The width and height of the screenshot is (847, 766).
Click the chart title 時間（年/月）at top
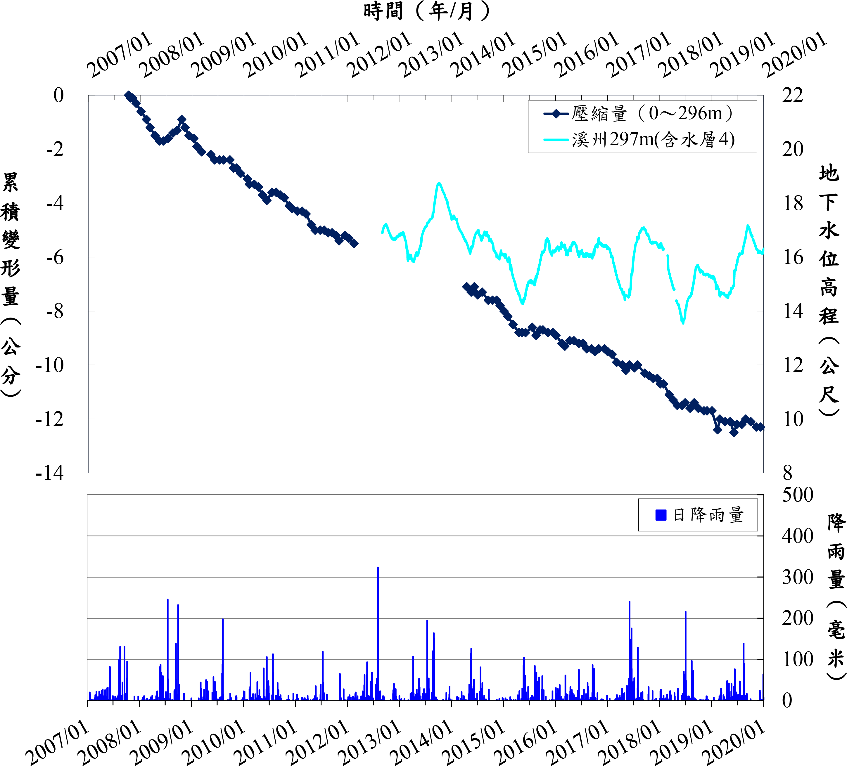click(x=426, y=11)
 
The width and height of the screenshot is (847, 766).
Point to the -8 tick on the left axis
click(x=55, y=311)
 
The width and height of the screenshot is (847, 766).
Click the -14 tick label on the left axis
click(x=50, y=473)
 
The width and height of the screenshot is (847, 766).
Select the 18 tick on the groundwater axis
click(x=793, y=203)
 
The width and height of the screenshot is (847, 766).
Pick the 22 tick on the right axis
click(x=793, y=95)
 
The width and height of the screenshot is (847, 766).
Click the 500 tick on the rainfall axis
click(x=797, y=495)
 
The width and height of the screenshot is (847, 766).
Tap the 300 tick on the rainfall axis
click(x=797, y=577)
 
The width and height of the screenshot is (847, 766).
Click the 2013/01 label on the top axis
click(x=431, y=55)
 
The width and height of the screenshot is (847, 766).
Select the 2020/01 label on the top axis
click(x=794, y=55)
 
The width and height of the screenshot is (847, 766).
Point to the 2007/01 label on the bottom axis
click(x=57, y=743)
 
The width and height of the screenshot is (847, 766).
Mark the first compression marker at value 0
click(x=129, y=95)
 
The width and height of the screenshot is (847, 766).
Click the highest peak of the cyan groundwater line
click(x=439, y=183)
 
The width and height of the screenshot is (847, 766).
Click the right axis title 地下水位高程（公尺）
click(x=829, y=290)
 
